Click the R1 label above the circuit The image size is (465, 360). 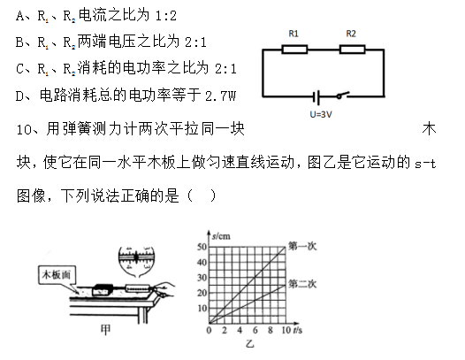(x=293, y=34)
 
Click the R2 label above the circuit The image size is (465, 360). (x=351, y=34)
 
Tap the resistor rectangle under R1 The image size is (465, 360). (x=294, y=50)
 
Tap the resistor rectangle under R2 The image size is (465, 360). (x=352, y=50)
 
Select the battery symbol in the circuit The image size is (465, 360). (x=316, y=97)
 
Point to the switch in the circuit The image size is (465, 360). (x=343, y=95)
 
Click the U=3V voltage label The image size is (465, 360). (x=321, y=115)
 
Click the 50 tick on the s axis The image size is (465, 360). (x=202, y=247)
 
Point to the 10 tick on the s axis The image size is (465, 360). (x=202, y=309)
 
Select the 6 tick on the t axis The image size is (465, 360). (x=255, y=330)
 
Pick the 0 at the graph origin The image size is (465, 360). (x=209, y=330)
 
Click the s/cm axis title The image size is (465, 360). (x=221, y=236)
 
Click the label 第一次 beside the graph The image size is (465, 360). (x=302, y=246)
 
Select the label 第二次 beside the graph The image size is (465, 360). (x=302, y=284)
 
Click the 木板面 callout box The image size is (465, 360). (x=57, y=275)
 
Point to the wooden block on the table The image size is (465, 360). (x=103, y=290)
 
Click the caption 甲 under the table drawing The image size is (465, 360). (x=106, y=329)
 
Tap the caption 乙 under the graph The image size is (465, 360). (x=249, y=344)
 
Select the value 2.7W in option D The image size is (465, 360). (x=220, y=96)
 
